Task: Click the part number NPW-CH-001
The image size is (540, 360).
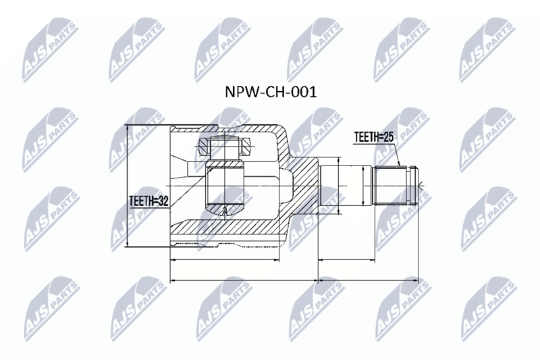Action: point(271,92)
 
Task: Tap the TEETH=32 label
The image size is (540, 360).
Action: point(148,201)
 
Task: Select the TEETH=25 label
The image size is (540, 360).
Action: point(374,137)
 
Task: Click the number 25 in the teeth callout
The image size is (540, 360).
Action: point(388,137)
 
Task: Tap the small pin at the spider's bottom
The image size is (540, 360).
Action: point(225,211)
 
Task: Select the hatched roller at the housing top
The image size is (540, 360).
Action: point(225,147)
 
